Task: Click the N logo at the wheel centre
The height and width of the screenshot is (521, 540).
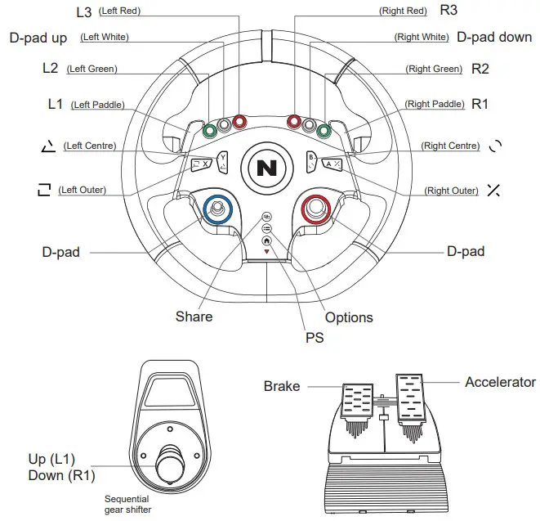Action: tap(266, 168)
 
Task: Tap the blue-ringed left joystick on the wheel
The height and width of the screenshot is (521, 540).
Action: tap(217, 210)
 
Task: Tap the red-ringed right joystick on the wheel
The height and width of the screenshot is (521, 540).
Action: tap(315, 210)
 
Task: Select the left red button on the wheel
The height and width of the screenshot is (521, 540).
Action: tap(239, 122)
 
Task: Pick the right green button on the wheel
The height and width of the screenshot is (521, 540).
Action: tap(324, 130)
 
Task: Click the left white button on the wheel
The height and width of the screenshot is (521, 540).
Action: tap(224, 126)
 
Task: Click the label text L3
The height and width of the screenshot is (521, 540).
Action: tap(84, 11)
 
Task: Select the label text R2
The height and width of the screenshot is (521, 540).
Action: tap(480, 70)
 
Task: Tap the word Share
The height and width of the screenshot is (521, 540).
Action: tap(194, 317)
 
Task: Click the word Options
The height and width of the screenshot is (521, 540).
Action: tap(349, 317)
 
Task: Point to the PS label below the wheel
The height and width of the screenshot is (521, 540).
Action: tap(313, 336)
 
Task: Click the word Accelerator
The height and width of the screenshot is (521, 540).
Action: tap(500, 382)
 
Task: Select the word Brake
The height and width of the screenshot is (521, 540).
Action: tap(282, 386)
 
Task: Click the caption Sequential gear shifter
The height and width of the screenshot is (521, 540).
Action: tap(127, 504)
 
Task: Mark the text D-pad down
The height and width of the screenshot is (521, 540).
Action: tap(494, 38)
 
